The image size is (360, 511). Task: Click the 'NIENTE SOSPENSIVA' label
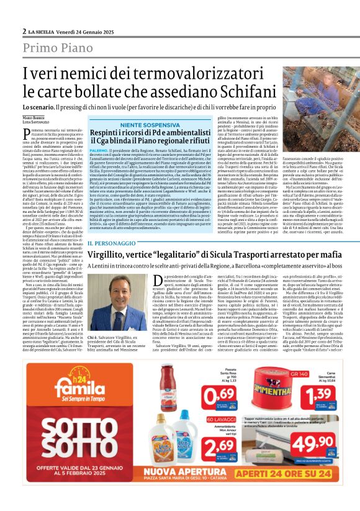(x=153, y=125)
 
